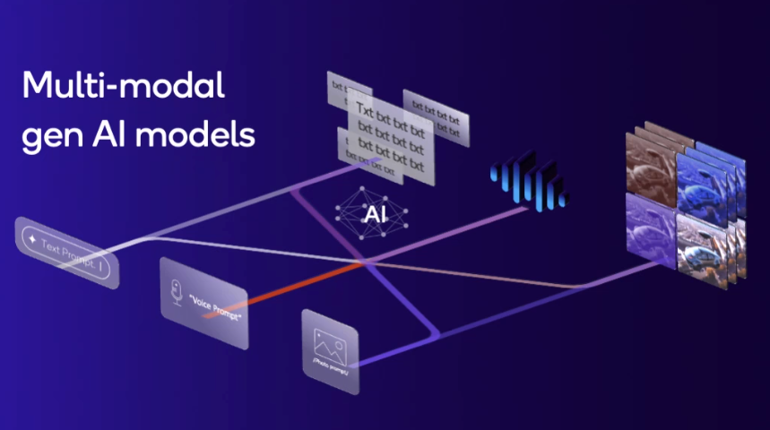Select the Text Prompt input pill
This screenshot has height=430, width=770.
click(x=67, y=253)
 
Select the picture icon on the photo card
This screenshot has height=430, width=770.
click(x=325, y=341)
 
